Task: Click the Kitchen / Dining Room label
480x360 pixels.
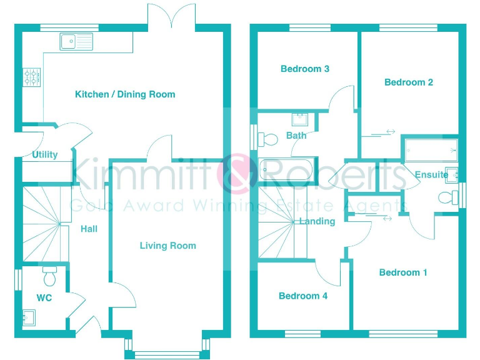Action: [125, 94]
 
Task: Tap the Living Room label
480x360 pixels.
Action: [167, 246]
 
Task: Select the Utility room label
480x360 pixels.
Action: [45, 154]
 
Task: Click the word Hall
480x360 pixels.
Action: [89, 229]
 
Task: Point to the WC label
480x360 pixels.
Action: [44, 298]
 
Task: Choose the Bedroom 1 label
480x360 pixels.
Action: [403, 272]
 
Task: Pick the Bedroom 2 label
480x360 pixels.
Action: [409, 82]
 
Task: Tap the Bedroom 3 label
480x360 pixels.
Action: [305, 69]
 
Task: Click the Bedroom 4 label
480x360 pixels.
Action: [303, 296]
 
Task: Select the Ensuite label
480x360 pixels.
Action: [431, 175]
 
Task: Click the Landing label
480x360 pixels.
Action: [317, 221]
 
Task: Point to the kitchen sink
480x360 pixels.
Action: [76, 41]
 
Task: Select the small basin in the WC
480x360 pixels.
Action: [29, 318]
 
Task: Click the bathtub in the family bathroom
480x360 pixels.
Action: [284, 170]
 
